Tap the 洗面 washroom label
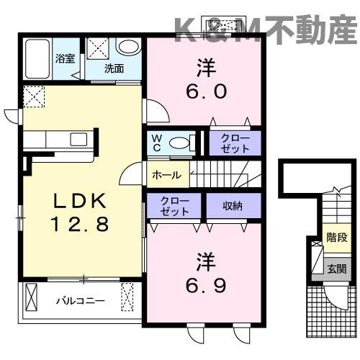tap(114, 69)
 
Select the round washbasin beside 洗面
tap(128, 48)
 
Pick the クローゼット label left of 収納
tap(175, 206)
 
